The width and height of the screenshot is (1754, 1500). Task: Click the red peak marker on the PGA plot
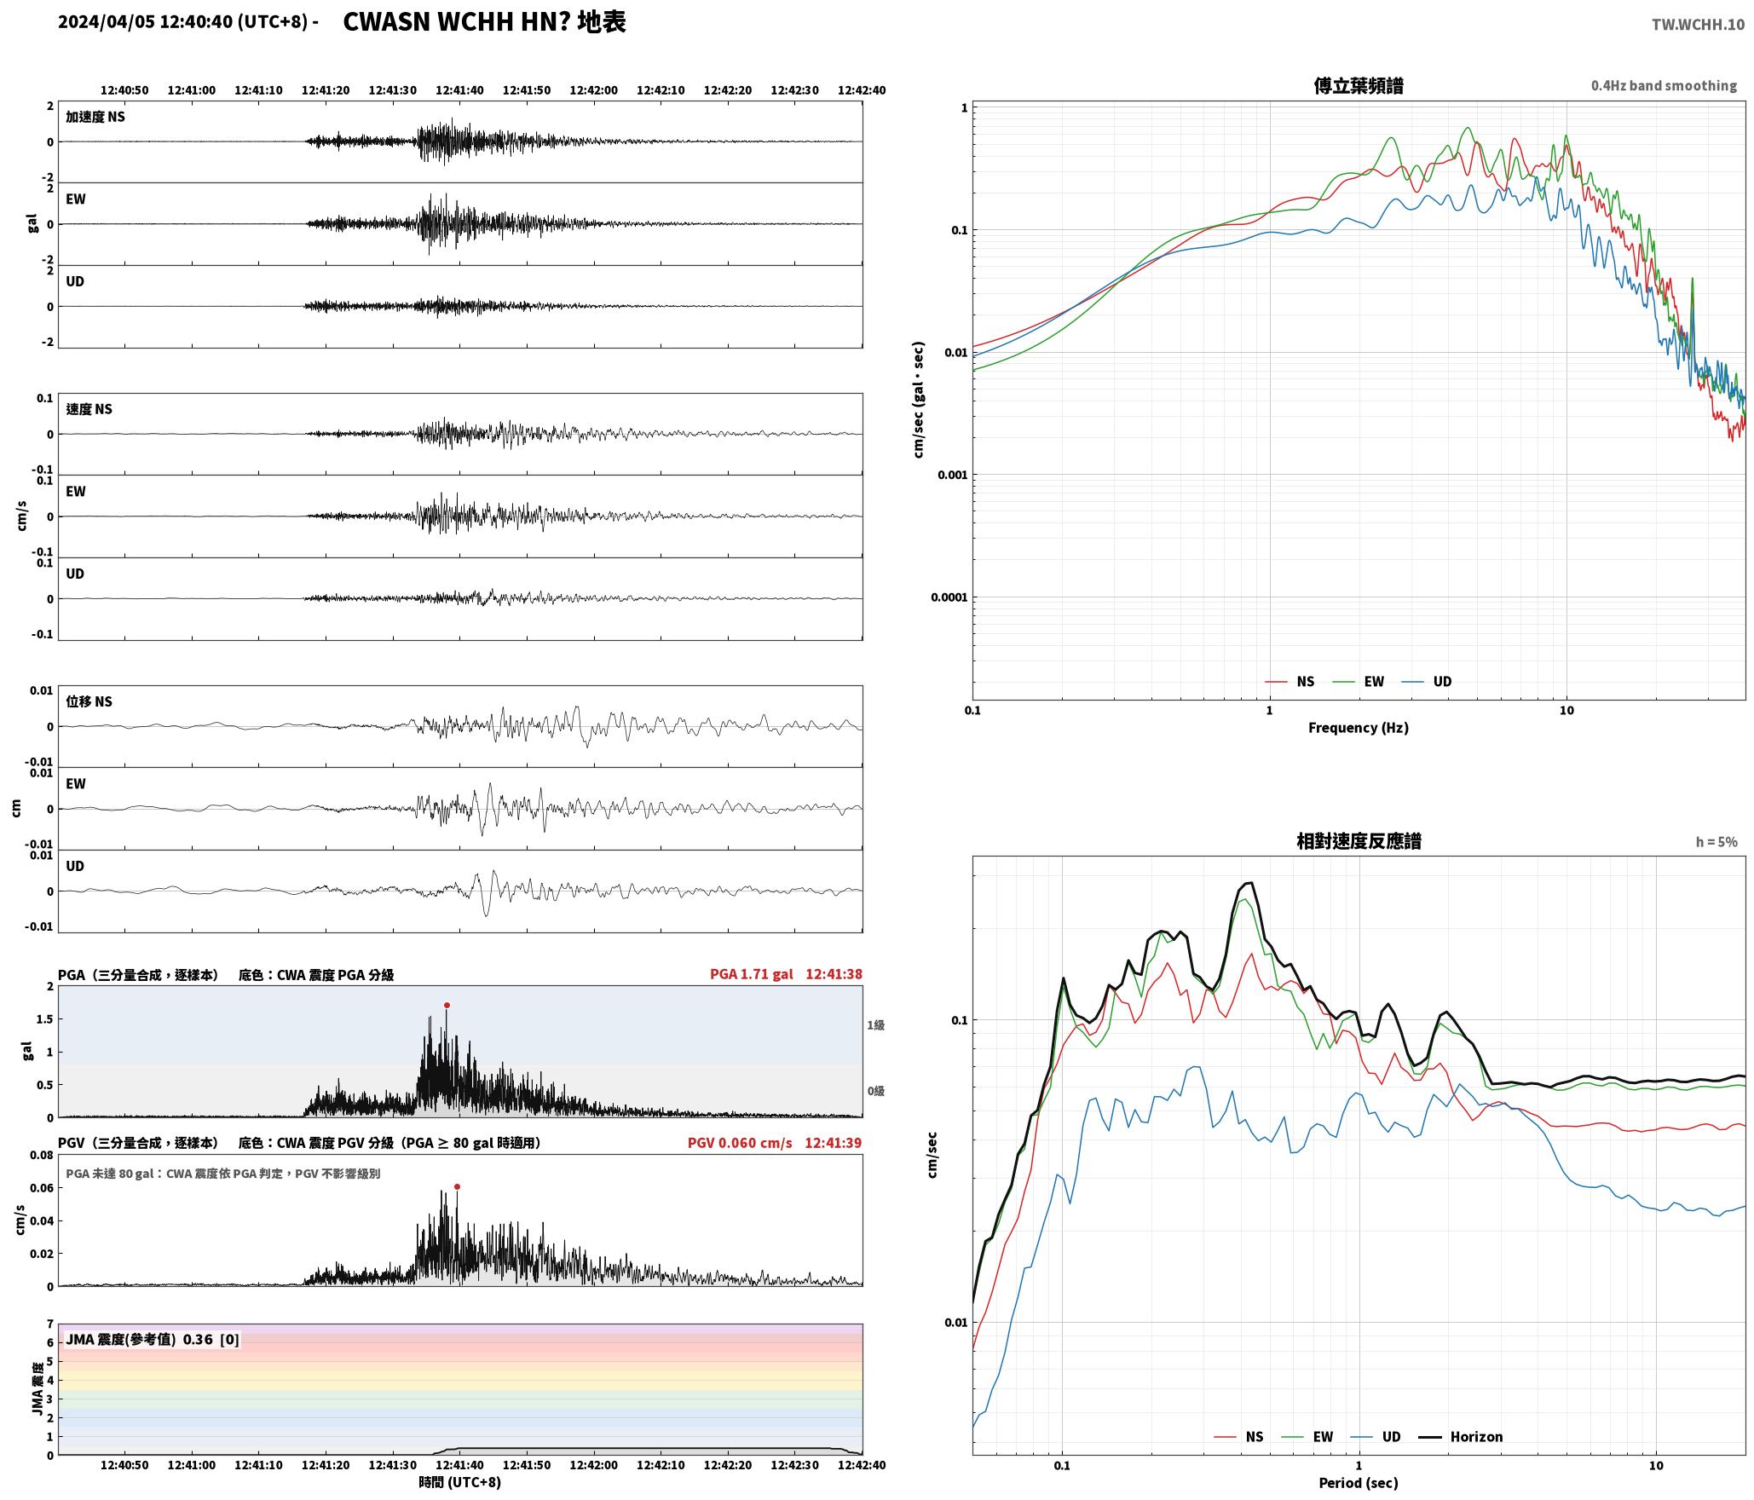(x=447, y=1006)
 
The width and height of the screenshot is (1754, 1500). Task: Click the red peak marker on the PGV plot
(x=458, y=1187)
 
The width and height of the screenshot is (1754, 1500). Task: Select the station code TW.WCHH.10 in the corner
(x=1698, y=25)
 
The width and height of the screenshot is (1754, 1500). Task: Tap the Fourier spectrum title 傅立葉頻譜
(x=1359, y=86)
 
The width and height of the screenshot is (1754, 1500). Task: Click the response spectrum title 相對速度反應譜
(x=1359, y=841)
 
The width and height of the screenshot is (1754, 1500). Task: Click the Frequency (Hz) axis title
(x=1359, y=728)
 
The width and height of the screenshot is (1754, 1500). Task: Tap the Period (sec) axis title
(x=1359, y=1483)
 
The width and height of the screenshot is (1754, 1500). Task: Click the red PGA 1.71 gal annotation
(x=751, y=974)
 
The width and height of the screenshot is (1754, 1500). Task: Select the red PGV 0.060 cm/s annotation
(x=740, y=1143)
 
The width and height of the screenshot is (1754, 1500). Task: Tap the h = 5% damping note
(x=1716, y=842)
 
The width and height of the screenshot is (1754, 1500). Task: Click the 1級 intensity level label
(x=875, y=1025)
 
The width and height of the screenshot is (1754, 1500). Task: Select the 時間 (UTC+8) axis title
(x=459, y=1483)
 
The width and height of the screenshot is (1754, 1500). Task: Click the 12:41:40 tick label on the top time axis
(x=459, y=90)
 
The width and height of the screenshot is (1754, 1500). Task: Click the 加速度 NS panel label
(x=95, y=118)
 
